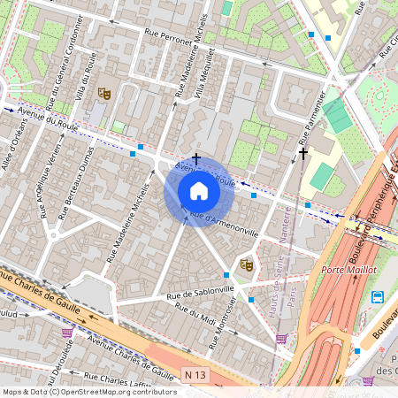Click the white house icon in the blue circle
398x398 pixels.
click(x=199, y=190)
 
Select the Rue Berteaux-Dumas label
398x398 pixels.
click(x=77, y=189)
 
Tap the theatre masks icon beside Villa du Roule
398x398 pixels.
click(x=103, y=91)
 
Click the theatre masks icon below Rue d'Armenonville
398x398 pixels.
click(x=246, y=264)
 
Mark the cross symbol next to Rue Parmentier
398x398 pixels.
click(x=303, y=154)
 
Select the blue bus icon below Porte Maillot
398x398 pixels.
click(x=379, y=297)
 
